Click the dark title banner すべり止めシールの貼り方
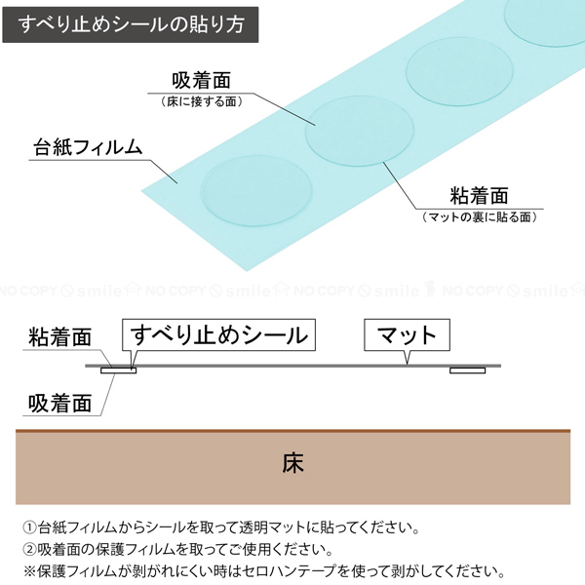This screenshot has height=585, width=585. click(131, 24)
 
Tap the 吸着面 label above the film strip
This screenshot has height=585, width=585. click(201, 80)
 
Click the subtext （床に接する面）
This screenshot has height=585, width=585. click(202, 101)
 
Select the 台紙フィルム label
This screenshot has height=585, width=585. click(88, 147)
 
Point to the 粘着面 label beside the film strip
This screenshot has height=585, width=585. click(479, 196)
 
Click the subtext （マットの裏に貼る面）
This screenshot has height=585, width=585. click(479, 216)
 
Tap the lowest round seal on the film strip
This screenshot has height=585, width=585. click(256, 191)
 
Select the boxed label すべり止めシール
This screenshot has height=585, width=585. click(218, 334)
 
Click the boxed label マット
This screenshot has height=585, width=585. click(407, 334)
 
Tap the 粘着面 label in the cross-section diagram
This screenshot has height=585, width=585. click(59, 337)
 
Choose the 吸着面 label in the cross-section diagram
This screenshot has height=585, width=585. click(59, 404)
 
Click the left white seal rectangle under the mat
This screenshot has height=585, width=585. click(119, 370)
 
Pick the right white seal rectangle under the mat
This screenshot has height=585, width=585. click(467, 370)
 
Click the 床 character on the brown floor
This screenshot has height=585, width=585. click(293, 463)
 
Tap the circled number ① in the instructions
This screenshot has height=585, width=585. click(30, 527)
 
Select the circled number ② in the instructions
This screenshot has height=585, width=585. click(30, 549)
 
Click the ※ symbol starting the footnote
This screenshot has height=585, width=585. click(29, 571)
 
